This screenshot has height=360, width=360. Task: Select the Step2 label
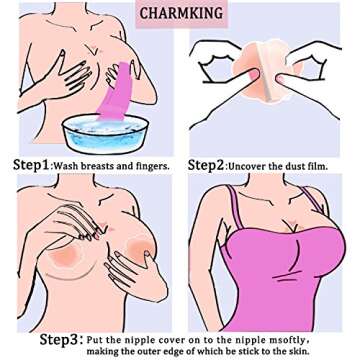pos(211,163)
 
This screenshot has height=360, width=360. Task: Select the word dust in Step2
pos(316,164)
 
